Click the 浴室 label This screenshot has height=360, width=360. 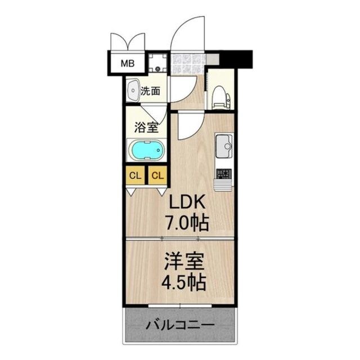[x=146, y=127]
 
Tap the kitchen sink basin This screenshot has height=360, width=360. [x=225, y=146]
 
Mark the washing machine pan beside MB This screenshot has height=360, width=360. [x=158, y=62]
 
